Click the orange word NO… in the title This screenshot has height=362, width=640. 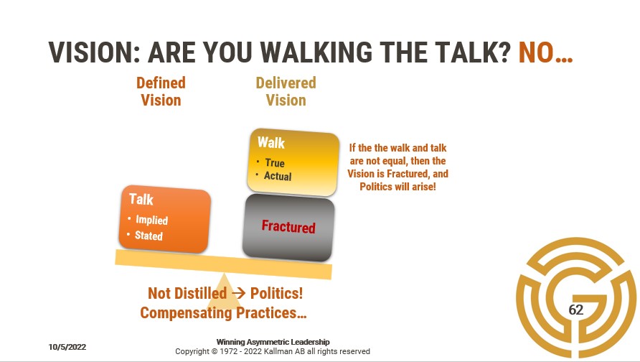coord(545,52)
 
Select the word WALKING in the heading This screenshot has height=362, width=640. coord(316,52)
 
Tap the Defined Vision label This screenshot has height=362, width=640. coord(161,91)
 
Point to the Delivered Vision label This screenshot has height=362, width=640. coord(286,91)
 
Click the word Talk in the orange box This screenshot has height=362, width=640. coord(141,199)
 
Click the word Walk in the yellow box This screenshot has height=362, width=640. coord(271,143)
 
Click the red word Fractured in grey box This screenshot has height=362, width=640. coord(288,226)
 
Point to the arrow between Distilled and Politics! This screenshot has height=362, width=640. coord(238,293)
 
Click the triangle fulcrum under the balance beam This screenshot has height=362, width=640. coord(224,295)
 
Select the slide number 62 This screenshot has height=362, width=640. coord(576,310)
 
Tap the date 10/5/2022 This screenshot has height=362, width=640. coord(67,347)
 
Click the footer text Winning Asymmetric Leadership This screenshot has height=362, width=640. coord(273,342)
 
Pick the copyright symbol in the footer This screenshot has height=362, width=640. coord(215,351)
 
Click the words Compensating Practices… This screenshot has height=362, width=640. coord(223,313)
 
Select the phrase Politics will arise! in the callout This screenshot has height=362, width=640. coord(397,187)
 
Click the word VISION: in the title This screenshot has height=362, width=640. coord(94,52)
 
